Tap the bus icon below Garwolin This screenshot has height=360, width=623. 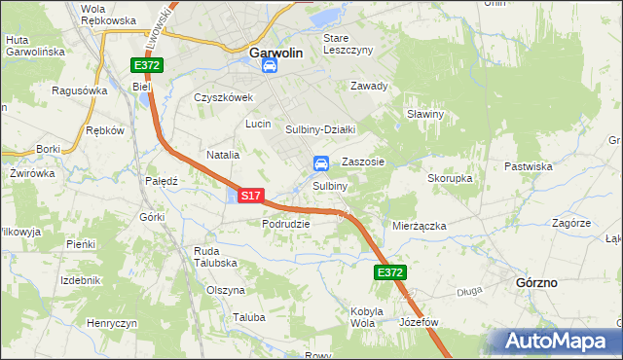click(x=272, y=67)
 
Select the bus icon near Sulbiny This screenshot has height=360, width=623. click(x=320, y=163)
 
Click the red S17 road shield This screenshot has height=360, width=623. click(x=250, y=196)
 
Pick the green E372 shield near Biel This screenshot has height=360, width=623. click(x=148, y=65)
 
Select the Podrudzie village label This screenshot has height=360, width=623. click(x=285, y=224)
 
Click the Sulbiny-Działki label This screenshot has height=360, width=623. click(x=321, y=128)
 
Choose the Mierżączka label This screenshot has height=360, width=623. click(x=419, y=225)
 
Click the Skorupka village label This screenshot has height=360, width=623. click(x=450, y=179)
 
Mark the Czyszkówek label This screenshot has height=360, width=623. click(x=223, y=97)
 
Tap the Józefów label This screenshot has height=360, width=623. click(x=420, y=321)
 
